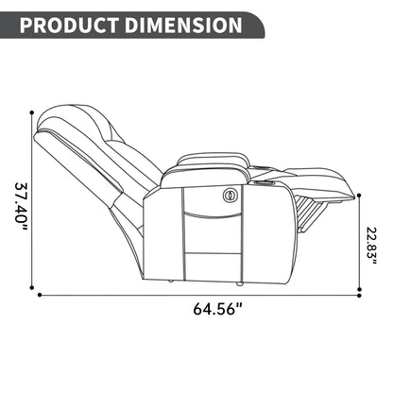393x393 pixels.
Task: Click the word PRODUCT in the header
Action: point(69,26)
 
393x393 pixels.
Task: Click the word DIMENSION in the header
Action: point(183,26)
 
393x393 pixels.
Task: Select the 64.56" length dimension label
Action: point(217,309)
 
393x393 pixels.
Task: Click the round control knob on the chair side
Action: point(229,196)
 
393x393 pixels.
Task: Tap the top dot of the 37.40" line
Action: point(31,112)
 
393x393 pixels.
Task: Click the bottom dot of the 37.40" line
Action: point(31,287)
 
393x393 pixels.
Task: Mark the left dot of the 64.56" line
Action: point(40,295)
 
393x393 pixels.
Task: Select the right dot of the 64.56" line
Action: point(360,295)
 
